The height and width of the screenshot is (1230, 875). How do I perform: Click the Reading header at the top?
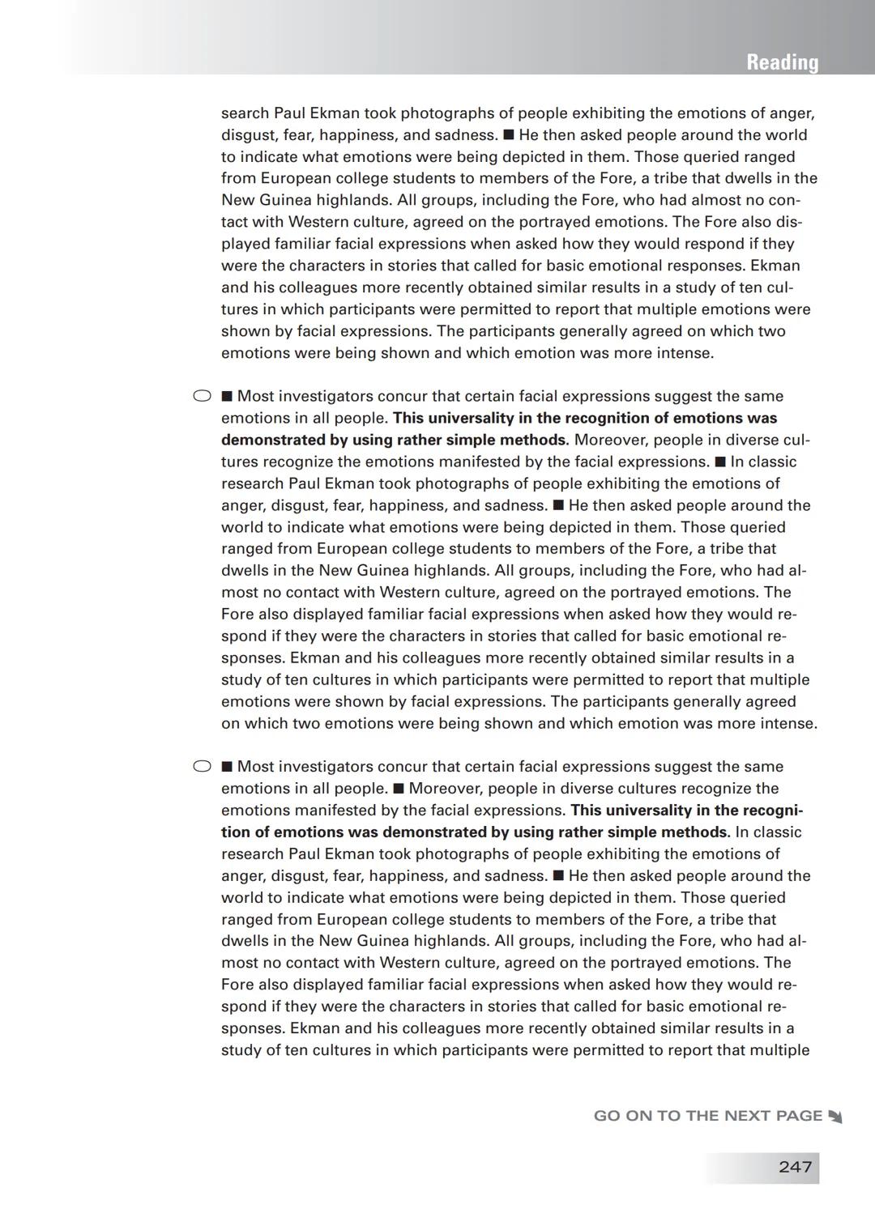click(782, 62)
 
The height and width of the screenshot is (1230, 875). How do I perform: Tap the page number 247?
click(795, 1167)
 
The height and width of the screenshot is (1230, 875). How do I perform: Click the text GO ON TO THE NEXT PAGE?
click(707, 1116)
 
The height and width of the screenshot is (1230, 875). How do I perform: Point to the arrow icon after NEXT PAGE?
click(835, 1117)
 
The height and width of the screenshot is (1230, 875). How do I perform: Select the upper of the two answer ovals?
click(202, 396)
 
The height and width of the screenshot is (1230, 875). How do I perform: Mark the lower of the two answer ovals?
click(202, 766)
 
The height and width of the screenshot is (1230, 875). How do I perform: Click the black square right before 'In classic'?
click(719, 462)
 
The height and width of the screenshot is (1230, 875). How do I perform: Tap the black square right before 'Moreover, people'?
click(398, 789)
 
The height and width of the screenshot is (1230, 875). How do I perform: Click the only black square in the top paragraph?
click(508, 135)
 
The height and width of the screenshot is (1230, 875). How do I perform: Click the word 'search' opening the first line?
click(245, 113)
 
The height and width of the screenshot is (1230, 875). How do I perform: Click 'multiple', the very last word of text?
click(779, 1050)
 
